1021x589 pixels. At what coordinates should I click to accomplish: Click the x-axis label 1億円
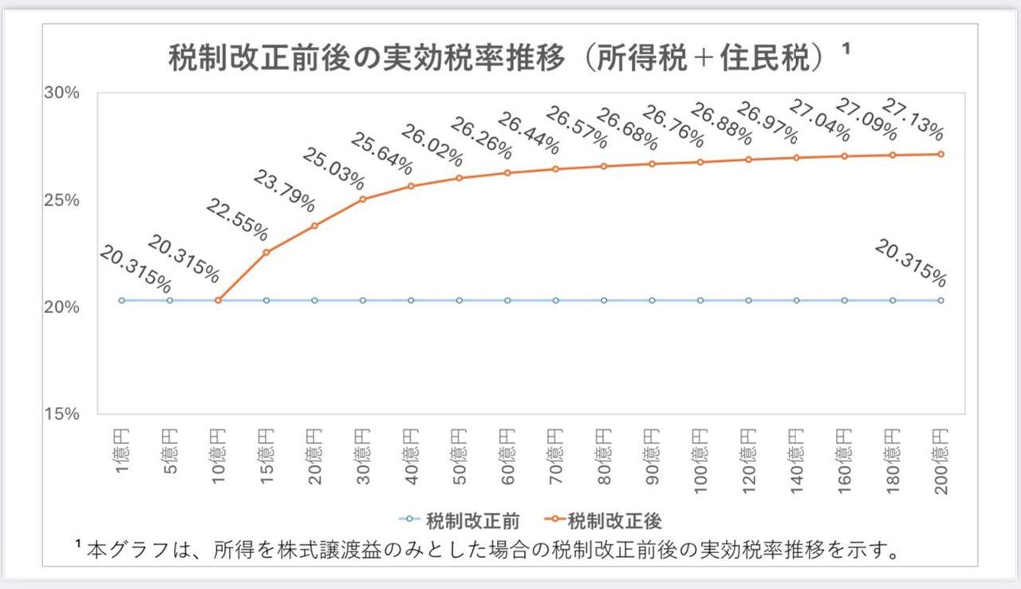[121, 452]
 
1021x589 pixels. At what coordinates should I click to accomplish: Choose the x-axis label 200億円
[941, 461]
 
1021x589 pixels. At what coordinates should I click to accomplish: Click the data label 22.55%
[237, 219]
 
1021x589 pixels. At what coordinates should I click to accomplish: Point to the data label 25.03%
[333, 167]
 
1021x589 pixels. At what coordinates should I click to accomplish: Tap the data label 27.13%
[913, 119]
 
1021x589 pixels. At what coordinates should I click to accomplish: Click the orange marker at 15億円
[266, 252]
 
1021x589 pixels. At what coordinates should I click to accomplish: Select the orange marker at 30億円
[363, 199]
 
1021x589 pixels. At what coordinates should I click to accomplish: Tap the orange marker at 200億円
[941, 154]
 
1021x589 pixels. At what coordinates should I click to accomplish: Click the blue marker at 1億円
[121, 300]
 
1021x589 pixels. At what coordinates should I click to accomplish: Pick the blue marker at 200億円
[941, 300]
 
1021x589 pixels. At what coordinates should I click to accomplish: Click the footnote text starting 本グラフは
[495, 551]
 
